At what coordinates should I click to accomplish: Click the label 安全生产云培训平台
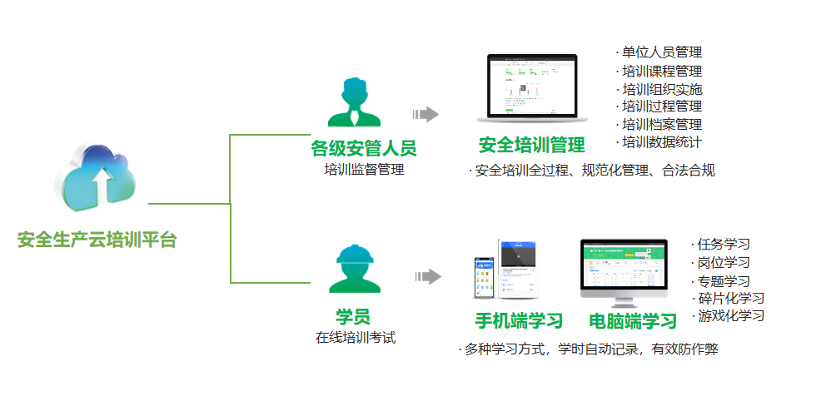(97, 240)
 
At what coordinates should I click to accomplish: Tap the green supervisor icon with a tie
(361, 102)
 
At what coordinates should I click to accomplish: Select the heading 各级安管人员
(363, 149)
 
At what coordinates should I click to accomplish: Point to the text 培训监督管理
(364, 170)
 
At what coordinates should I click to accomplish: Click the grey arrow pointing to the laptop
(426, 114)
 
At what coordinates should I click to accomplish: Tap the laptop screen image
(532, 87)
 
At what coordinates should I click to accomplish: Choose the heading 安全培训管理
(531, 145)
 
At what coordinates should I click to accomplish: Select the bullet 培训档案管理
(662, 124)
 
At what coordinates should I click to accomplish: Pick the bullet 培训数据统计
(662, 142)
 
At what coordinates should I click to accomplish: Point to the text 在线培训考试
(355, 338)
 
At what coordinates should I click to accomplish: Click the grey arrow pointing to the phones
(426, 276)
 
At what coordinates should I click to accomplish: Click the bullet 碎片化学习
(730, 298)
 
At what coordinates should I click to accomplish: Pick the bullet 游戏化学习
(730, 316)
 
